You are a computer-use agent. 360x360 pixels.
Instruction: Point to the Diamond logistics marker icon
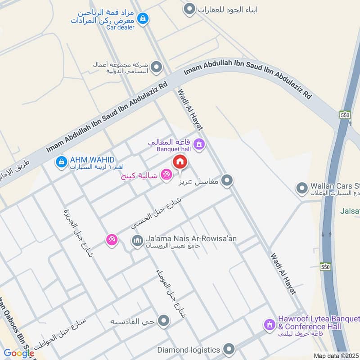tap(229, 349)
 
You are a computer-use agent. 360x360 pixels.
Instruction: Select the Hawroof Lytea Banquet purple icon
tap(269, 324)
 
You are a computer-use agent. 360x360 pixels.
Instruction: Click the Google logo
tap(19, 353)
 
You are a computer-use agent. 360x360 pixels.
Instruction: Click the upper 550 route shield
tap(345, 114)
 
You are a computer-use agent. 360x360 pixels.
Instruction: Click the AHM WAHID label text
tap(92, 160)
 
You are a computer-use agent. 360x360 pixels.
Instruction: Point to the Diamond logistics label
tap(189, 350)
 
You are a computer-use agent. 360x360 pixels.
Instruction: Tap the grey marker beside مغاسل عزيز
tap(227, 181)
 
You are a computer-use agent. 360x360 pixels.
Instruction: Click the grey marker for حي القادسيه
tap(164, 321)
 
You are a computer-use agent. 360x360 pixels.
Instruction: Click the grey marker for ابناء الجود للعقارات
tap(190, 9)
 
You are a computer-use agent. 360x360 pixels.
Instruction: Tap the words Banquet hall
tap(174, 149)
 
